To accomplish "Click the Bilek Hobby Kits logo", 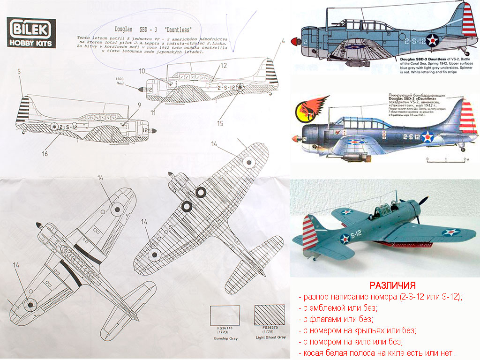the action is (31, 33).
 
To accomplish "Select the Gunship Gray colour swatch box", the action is (225, 315).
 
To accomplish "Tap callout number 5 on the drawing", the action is (20, 73).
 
